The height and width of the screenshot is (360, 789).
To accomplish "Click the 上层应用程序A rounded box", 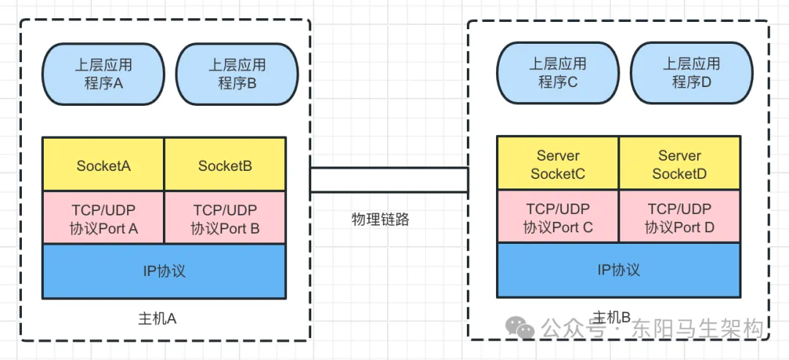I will click(x=103, y=74).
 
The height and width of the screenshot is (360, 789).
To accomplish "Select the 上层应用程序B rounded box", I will click(x=237, y=74).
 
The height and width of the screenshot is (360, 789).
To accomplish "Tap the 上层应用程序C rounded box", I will click(x=557, y=73).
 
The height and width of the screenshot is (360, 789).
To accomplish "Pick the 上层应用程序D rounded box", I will click(x=691, y=73).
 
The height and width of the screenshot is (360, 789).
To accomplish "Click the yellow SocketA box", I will click(x=103, y=165).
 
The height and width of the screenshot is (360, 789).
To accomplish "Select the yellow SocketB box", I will click(x=225, y=165).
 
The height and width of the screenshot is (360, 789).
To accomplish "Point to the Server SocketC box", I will click(x=557, y=164).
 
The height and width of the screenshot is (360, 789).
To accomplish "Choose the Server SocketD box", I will click(x=679, y=164).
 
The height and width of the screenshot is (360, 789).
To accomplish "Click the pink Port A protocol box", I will click(x=103, y=218).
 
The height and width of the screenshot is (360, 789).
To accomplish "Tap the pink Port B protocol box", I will click(x=225, y=218).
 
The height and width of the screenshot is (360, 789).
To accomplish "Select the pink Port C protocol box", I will click(x=557, y=217).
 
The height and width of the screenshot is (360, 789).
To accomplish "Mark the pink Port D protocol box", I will click(x=679, y=217).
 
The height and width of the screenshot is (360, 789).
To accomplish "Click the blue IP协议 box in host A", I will click(x=164, y=271).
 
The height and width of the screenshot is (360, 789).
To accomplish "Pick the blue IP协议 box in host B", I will click(x=618, y=269).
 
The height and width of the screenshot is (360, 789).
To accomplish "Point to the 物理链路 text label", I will click(x=380, y=218).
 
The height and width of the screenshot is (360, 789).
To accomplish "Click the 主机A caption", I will click(x=157, y=319).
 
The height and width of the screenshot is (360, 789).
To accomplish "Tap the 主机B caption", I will click(x=611, y=317).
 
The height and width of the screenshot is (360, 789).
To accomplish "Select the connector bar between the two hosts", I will click(x=389, y=180).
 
